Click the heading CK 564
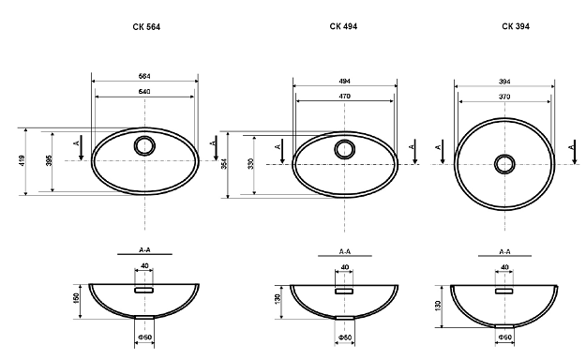coord(146,27)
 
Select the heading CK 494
coord(343,26)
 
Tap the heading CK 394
coord(516,26)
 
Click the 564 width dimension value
coord(144,76)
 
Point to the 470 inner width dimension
coord(345,97)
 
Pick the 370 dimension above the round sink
coord(504,97)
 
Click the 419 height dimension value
coord(23,160)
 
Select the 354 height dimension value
coord(224,164)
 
